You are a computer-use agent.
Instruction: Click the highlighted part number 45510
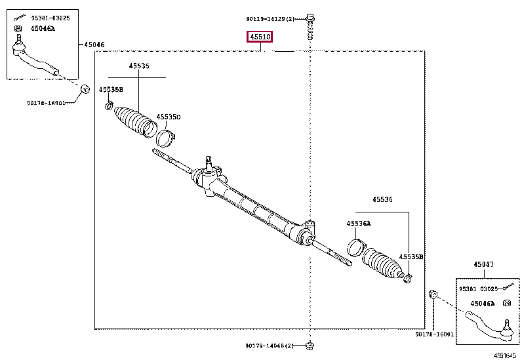(x=259, y=37)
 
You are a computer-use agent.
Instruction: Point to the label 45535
(x=138, y=66)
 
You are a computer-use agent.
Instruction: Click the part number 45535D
(x=168, y=117)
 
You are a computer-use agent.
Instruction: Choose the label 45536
(x=383, y=199)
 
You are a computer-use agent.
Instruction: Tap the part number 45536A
(x=359, y=224)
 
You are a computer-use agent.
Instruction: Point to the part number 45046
(x=94, y=45)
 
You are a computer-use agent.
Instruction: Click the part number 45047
(x=483, y=265)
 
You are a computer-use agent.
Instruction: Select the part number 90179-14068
(x=274, y=346)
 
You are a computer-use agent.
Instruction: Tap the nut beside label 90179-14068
(x=310, y=345)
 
